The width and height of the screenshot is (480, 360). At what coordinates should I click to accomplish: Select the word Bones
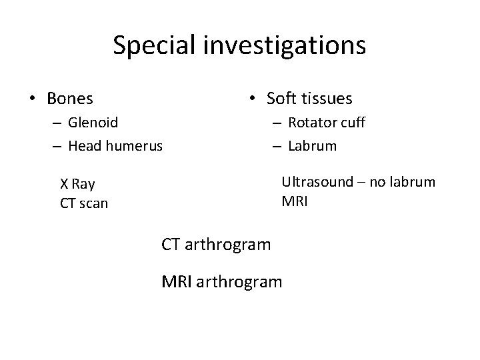tap(70, 99)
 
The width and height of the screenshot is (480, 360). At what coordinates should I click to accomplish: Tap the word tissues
tap(328, 99)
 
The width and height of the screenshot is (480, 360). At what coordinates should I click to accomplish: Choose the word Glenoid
tap(93, 123)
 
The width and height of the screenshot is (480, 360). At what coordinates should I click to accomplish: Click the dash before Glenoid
tap(56, 123)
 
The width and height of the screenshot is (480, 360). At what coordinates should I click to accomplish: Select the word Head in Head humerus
tap(84, 145)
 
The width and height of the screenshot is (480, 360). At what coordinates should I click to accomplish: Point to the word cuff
tap(353, 123)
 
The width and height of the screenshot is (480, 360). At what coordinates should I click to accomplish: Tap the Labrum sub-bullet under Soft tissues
tap(313, 145)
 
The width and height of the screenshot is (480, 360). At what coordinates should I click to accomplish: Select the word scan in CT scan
tap(93, 203)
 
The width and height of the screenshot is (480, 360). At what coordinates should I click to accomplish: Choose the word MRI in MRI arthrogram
tap(176, 282)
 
